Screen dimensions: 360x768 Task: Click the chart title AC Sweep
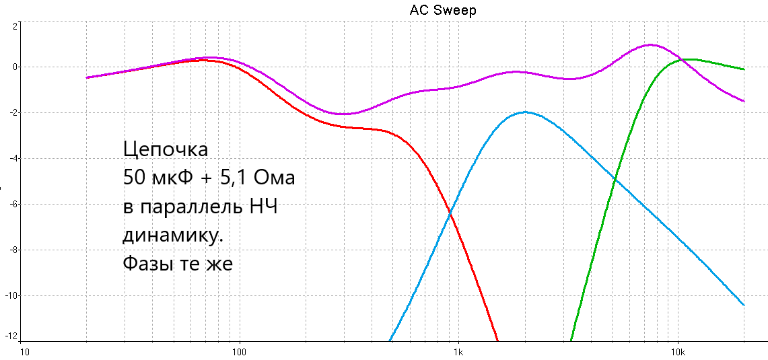tap(442, 11)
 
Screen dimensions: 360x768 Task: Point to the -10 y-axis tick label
tap(11, 295)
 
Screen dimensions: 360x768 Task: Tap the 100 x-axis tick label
tap(239, 352)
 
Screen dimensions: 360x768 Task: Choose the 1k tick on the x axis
tap(458, 352)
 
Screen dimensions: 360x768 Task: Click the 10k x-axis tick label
tap(677, 352)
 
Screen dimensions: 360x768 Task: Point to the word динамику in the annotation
tap(172, 236)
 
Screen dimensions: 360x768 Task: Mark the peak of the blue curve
tap(525, 112)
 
